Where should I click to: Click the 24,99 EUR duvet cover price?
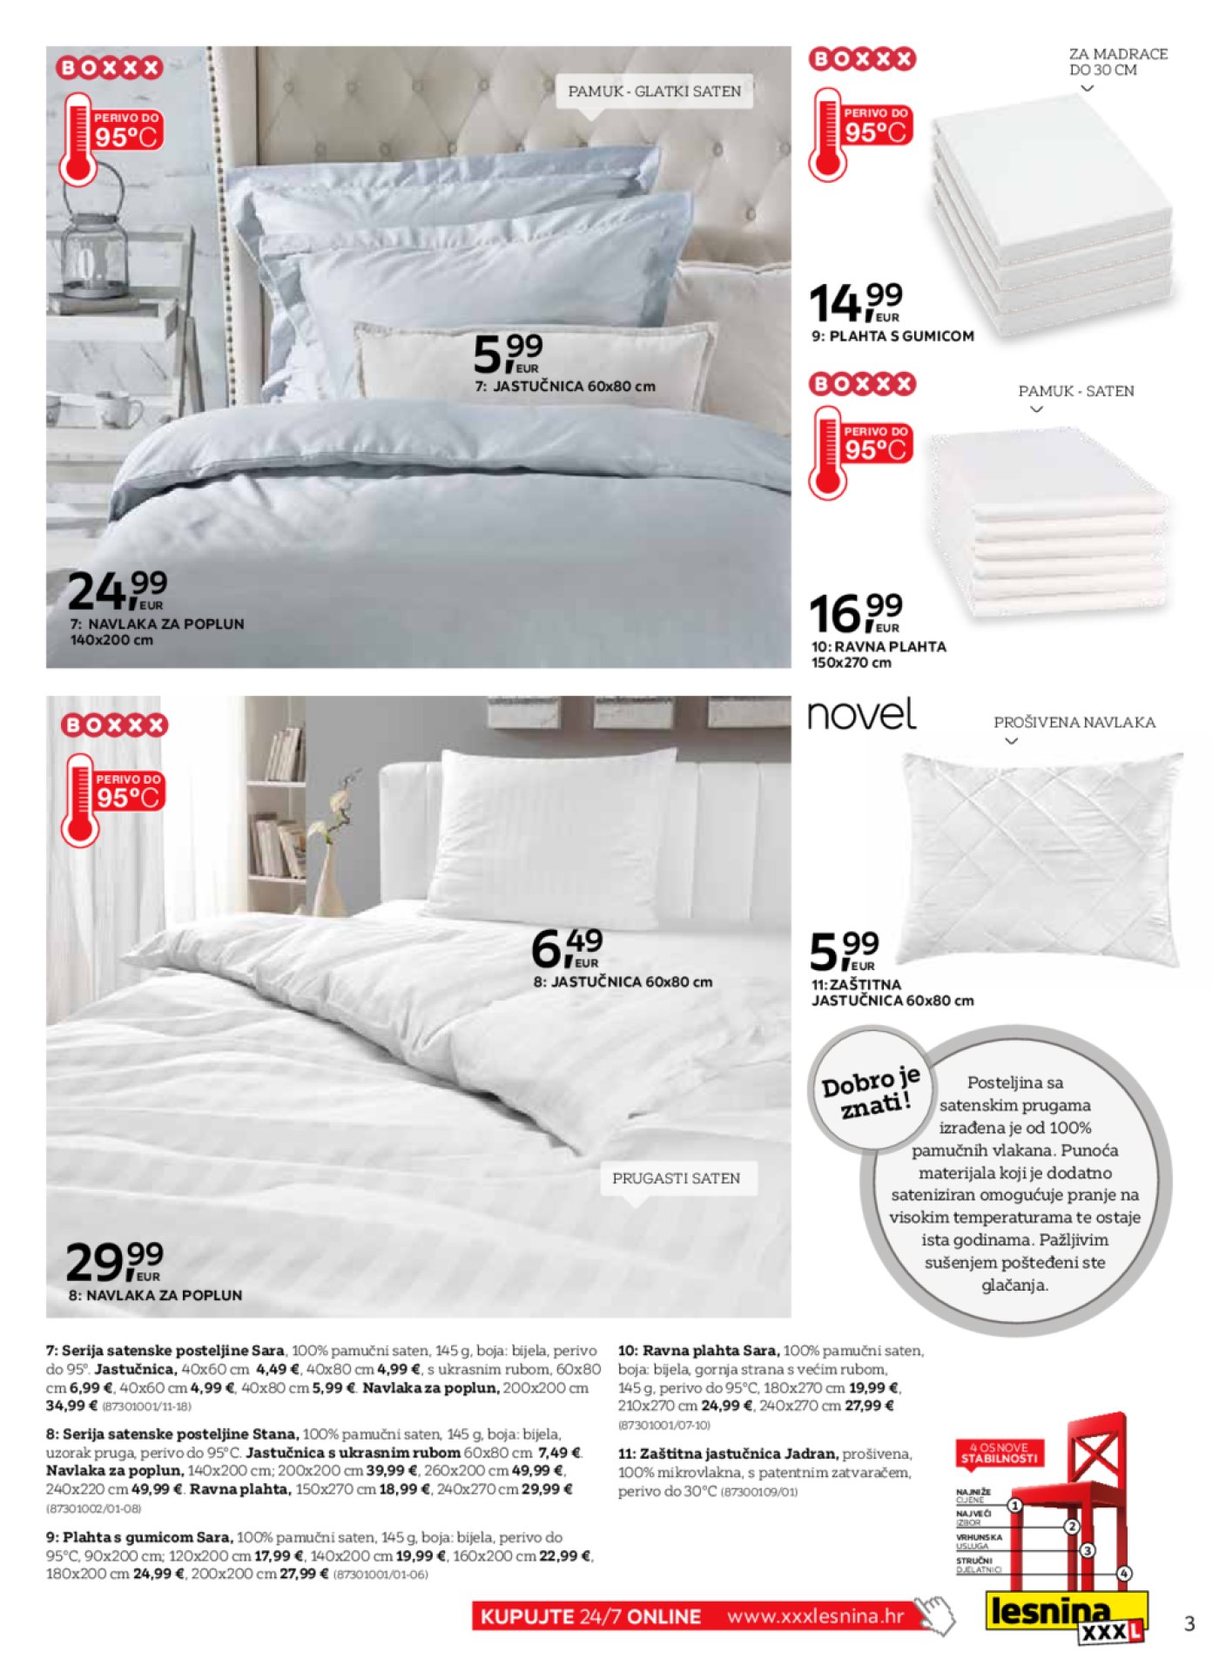click(x=118, y=591)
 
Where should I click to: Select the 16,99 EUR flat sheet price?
click(x=856, y=613)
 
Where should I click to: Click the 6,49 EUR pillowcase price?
click(x=567, y=948)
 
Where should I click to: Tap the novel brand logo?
click(x=861, y=714)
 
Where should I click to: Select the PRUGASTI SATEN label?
click(x=677, y=1178)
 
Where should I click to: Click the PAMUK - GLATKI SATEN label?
click(x=654, y=91)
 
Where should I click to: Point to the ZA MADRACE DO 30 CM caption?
click(x=1117, y=62)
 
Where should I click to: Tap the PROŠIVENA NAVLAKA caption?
click(x=1074, y=723)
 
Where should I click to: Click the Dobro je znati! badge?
click(x=870, y=1093)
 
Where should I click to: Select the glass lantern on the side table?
click(x=95, y=253)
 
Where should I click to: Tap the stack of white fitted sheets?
click(x=1054, y=222)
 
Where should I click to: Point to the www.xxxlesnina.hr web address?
click(x=816, y=1617)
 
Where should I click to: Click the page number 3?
click(x=1189, y=1624)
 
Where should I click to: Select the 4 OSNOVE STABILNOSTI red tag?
click(x=999, y=1453)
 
